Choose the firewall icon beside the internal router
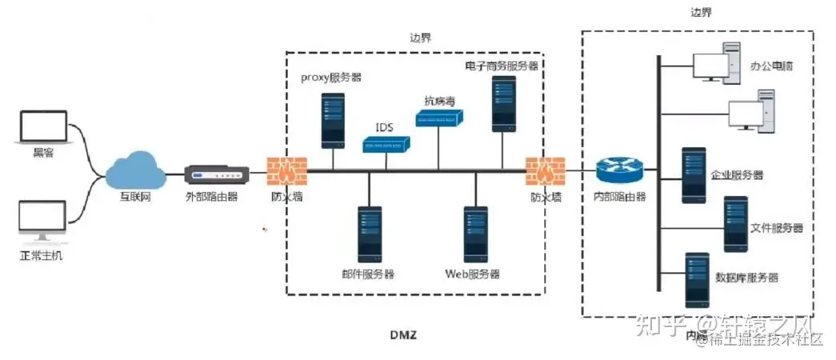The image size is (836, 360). (545, 170)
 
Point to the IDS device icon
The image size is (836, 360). (385, 145)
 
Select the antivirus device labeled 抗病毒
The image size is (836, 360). (438, 119)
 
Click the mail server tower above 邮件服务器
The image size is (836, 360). (369, 234)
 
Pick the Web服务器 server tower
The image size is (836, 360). (476, 234)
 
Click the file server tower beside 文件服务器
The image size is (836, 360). (735, 225)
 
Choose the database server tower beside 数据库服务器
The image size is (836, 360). (697, 280)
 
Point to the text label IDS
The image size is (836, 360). (385, 127)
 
